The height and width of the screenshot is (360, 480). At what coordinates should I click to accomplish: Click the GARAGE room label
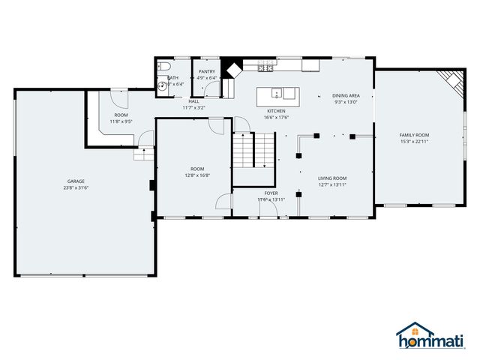tap(75, 181)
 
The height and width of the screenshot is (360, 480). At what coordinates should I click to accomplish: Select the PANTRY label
tap(207, 71)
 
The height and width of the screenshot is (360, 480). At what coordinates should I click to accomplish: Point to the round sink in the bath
tap(163, 86)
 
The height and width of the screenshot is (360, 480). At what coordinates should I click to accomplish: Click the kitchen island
tap(277, 94)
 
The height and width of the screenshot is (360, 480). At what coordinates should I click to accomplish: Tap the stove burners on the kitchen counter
tap(265, 69)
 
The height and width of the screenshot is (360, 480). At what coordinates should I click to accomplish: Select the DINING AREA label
tap(346, 95)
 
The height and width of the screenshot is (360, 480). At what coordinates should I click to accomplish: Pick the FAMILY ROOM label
tap(414, 135)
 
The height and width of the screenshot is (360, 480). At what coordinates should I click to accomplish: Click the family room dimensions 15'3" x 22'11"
tap(414, 142)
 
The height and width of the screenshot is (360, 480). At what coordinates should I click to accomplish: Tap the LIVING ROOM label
tap(332, 178)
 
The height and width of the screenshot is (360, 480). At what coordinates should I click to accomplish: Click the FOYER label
tap(271, 193)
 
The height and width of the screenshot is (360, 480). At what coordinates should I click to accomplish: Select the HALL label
tap(193, 100)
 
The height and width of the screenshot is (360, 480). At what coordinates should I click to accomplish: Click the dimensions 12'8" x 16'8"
tap(197, 175)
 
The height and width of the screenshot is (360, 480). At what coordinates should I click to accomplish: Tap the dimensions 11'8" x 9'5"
tap(121, 121)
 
